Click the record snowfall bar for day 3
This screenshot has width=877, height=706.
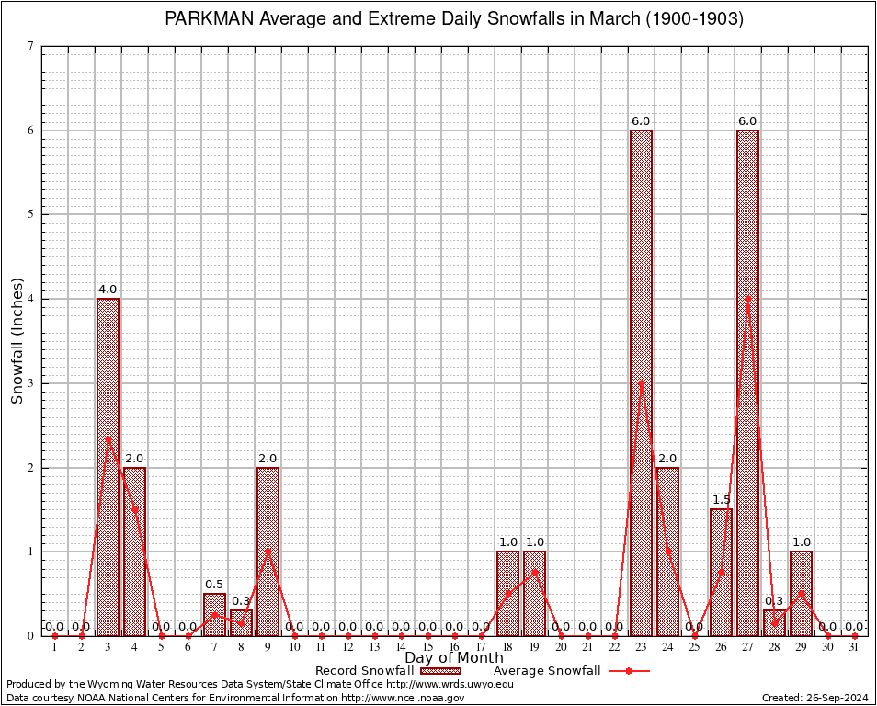click(108, 467)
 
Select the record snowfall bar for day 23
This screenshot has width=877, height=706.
click(641, 382)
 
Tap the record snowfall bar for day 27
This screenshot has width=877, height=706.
click(747, 382)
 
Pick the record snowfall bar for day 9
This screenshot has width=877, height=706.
click(268, 552)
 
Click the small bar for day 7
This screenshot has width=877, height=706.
click(214, 614)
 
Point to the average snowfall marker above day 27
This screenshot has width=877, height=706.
click(747, 299)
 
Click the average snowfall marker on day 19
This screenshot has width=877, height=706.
click(534, 572)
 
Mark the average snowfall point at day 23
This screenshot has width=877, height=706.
click(641, 382)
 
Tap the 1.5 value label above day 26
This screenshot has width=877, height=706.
click(721, 500)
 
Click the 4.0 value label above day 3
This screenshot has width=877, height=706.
click(108, 290)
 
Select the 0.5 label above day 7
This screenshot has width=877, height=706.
click(214, 585)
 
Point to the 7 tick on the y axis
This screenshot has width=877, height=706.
click(30, 46)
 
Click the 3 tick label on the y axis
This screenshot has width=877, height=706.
click(30, 382)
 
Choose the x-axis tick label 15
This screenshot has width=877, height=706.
click(427, 647)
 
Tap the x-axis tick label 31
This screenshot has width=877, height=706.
click(854, 647)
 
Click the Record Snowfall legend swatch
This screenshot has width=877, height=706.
click(440, 671)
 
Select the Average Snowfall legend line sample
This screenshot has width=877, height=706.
click(628, 671)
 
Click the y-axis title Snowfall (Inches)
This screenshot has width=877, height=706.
click(17, 340)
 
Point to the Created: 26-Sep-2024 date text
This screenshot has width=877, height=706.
click(815, 698)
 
